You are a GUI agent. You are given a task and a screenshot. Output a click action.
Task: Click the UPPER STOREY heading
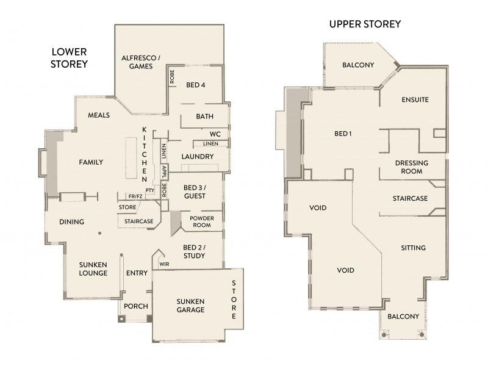point(364,24)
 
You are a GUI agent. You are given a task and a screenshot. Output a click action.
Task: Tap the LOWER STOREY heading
point(69,58)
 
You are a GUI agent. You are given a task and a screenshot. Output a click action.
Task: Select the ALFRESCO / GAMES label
point(140,62)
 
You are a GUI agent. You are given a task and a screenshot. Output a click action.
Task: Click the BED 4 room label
point(195,85)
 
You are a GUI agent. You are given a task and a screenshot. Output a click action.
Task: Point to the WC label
point(215,134)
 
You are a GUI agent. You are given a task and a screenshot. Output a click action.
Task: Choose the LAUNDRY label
point(197,157)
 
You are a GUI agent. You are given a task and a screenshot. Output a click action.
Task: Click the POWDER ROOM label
point(201,222)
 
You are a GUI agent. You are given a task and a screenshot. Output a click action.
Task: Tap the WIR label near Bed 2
point(163,264)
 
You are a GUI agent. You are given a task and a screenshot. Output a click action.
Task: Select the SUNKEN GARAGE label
point(191,306)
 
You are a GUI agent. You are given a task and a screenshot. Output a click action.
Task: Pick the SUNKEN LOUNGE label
point(93,268)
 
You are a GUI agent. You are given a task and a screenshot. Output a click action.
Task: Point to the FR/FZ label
point(135,196)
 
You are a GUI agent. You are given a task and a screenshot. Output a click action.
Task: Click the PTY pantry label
point(150,191)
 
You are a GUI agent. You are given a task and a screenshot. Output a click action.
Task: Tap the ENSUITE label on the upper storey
point(415,99)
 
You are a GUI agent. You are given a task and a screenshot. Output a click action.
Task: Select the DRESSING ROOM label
point(412,167)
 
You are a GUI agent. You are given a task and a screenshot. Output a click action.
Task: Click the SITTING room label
point(413,248)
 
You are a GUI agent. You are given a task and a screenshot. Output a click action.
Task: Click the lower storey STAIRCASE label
point(138,221)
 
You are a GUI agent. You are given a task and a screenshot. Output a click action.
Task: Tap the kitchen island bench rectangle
point(131,157)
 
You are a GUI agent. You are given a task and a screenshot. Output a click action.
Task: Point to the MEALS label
point(98,115)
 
